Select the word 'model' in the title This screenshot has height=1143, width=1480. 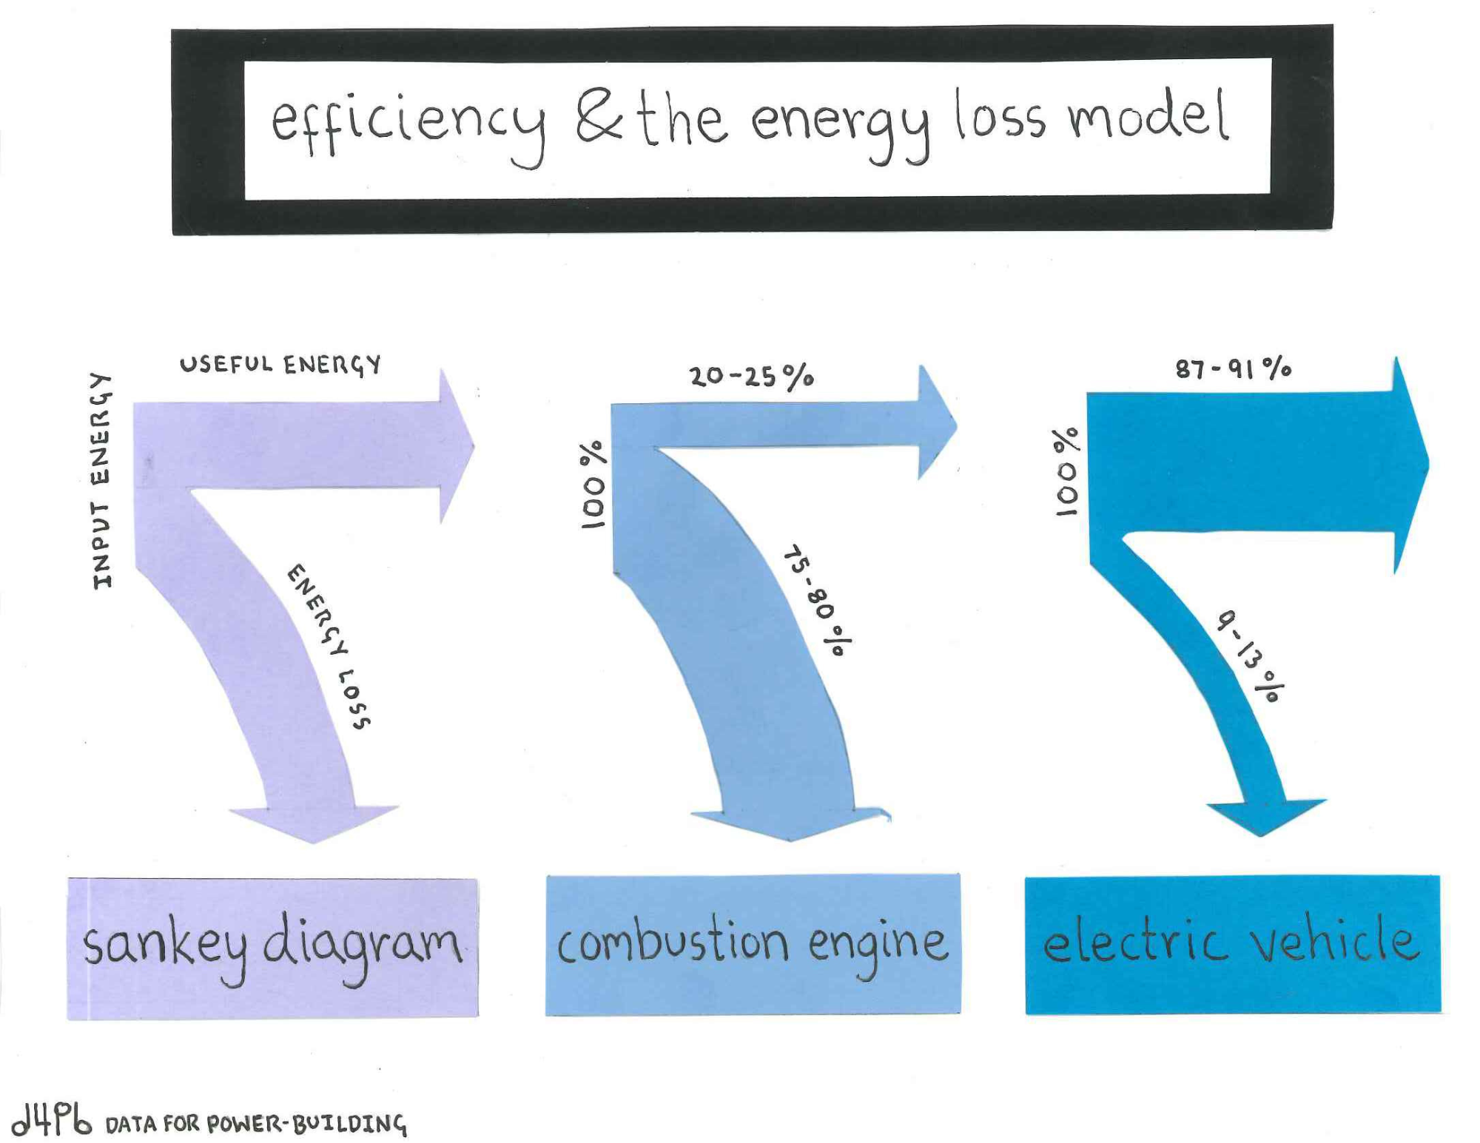tap(1147, 117)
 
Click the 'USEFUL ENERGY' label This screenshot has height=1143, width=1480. tap(280, 364)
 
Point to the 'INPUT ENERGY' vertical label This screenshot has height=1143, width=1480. tap(101, 481)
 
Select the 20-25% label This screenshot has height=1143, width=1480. tap(751, 377)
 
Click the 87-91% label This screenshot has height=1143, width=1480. tap(1233, 368)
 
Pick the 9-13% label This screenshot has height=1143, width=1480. tap(1251, 655)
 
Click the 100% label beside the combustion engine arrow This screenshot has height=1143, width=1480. tap(593, 485)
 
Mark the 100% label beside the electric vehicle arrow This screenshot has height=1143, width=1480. tap(1066, 472)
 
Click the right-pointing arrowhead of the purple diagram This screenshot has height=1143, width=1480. tap(454, 447)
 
